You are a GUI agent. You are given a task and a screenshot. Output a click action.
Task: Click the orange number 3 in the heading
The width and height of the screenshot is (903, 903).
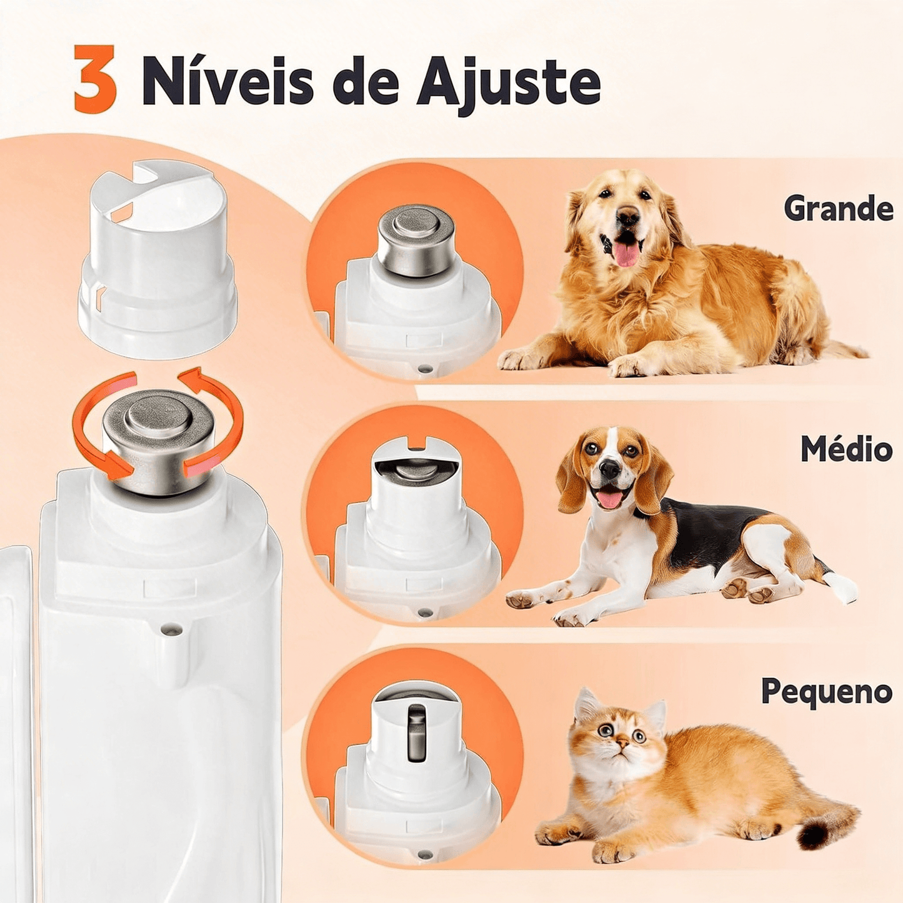(x=95, y=79)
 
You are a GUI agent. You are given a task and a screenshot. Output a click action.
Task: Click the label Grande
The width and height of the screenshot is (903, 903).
(x=839, y=209)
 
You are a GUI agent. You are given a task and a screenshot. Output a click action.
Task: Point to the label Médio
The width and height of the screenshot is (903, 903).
(x=847, y=449)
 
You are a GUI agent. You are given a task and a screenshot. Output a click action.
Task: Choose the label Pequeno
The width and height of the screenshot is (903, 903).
(x=826, y=692)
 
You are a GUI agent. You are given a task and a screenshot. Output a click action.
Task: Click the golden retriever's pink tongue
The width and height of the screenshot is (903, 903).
(x=627, y=254)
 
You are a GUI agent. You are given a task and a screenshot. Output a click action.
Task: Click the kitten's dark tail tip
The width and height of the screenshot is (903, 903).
(x=816, y=834)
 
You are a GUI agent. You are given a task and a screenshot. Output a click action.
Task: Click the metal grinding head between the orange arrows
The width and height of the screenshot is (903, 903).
(x=159, y=437)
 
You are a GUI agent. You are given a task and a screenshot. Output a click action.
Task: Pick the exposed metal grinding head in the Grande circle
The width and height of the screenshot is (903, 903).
(x=416, y=239)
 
